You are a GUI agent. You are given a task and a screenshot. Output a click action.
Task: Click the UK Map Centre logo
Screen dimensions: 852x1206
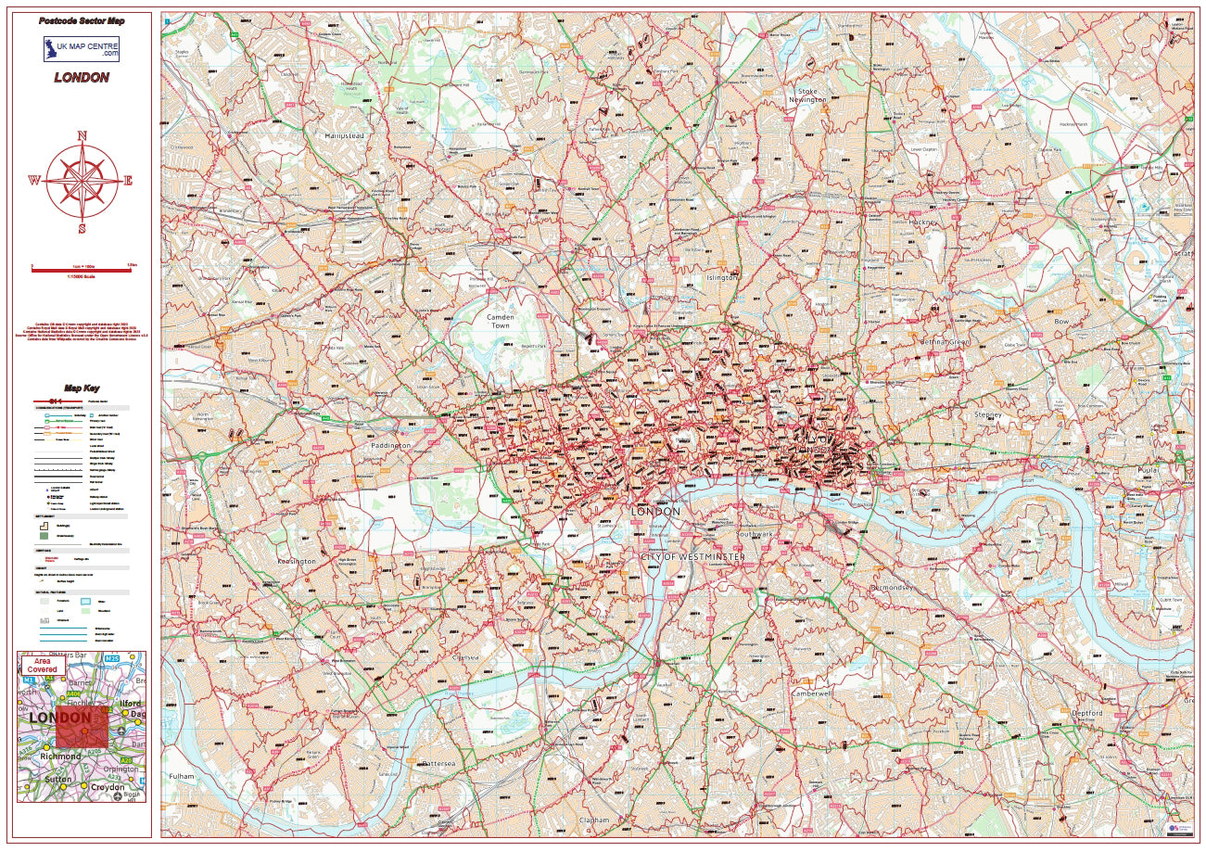click(82, 49)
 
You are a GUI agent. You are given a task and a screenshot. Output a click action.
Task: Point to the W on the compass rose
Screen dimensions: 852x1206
click(34, 181)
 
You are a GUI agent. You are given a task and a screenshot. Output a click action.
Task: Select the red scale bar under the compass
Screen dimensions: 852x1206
click(82, 271)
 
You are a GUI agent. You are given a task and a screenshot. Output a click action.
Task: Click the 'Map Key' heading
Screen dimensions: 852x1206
click(82, 388)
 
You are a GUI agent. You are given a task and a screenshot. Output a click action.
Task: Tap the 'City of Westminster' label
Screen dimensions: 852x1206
click(692, 556)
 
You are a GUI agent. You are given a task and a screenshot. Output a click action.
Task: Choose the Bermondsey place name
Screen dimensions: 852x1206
click(892, 588)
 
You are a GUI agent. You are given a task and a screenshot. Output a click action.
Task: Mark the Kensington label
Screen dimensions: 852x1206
click(298, 562)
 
